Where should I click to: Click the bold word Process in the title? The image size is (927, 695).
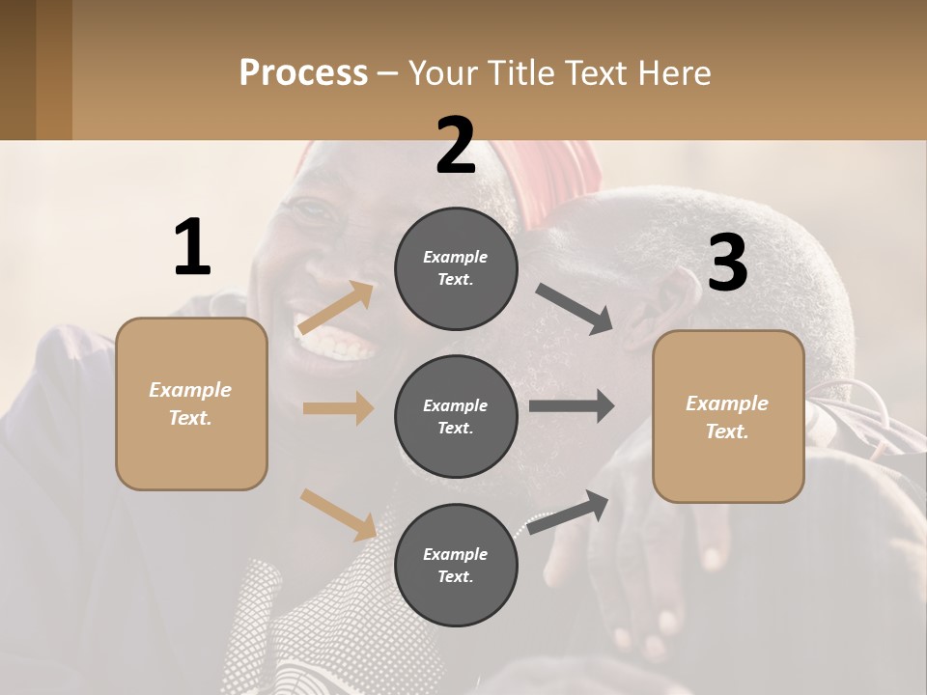[x=303, y=72]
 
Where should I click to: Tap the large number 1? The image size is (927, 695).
[x=192, y=247]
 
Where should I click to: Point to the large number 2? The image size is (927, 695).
[x=456, y=146]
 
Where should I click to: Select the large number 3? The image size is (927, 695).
[x=727, y=263]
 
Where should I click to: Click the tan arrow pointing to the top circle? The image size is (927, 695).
[x=337, y=308]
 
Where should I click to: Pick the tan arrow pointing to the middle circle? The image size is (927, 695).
[x=338, y=408]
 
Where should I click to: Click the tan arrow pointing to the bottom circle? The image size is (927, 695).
[x=338, y=514]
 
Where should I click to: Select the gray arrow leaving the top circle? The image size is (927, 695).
[x=574, y=309]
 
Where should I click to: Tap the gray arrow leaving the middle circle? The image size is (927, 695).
[x=572, y=405]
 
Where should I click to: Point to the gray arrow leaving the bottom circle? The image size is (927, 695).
[x=569, y=513]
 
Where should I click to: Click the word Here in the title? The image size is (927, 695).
[x=676, y=72]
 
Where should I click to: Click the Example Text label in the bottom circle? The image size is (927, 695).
[x=456, y=566]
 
